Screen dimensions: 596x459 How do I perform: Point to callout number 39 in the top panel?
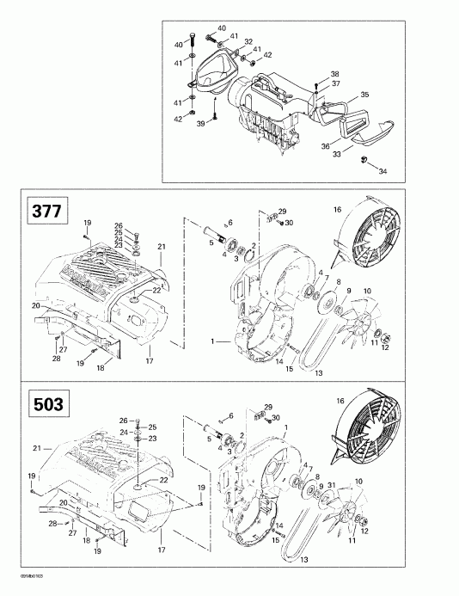click(202, 123)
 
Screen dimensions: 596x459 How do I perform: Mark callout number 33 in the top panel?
click(336, 153)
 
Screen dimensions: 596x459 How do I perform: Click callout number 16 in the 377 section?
click(338, 209)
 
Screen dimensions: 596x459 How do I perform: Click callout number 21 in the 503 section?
click(36, 448)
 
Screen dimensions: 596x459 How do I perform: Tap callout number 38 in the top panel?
click(335, 73)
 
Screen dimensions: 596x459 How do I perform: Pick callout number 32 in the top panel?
click(247, 40)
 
